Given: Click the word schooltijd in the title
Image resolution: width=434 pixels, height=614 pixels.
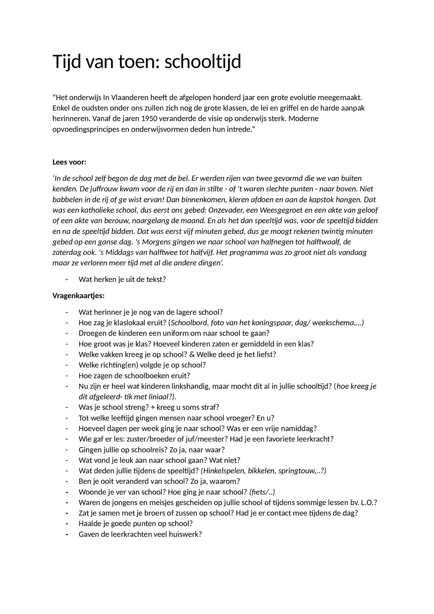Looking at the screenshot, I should point(202,62).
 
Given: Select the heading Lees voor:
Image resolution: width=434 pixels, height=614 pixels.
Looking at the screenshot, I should point(70,162).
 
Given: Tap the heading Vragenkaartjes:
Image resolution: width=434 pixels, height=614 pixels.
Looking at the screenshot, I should point(78,295).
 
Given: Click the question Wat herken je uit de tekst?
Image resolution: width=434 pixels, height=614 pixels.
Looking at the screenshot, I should point(122,280).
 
